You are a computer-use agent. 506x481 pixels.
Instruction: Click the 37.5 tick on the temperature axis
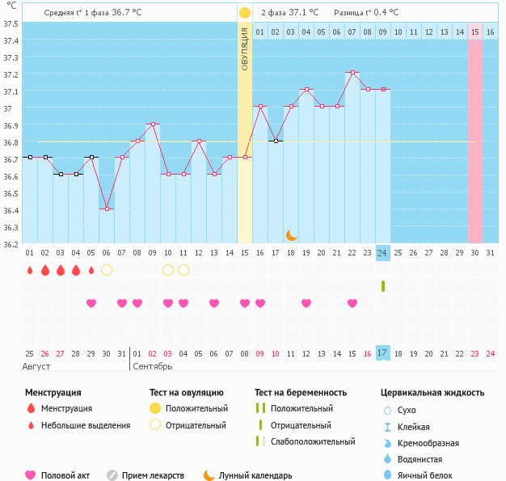11,23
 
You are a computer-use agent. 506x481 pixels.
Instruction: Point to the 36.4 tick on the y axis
11,210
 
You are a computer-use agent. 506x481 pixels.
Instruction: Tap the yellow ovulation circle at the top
244,13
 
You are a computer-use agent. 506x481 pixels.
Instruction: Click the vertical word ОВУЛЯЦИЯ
245,49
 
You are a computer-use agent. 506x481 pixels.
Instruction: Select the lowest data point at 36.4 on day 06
106,209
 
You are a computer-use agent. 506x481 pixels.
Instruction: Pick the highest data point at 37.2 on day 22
352,73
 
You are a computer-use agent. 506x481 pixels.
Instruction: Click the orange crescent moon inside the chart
292,235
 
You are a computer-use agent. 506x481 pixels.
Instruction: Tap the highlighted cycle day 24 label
383,252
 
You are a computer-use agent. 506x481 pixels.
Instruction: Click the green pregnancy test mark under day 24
383,286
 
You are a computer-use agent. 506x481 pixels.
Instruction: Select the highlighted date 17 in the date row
383,352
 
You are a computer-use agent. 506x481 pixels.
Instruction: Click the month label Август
36,366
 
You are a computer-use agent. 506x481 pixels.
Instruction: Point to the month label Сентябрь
152,366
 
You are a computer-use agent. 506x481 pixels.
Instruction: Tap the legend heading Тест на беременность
301,393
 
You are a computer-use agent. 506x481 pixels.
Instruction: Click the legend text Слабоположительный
313,441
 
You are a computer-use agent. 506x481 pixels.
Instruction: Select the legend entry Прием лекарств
153,476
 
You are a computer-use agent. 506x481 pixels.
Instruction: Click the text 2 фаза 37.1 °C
289,13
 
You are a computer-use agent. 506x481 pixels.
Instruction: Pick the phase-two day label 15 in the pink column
475,32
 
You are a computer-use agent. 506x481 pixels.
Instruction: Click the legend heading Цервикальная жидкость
432,393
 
